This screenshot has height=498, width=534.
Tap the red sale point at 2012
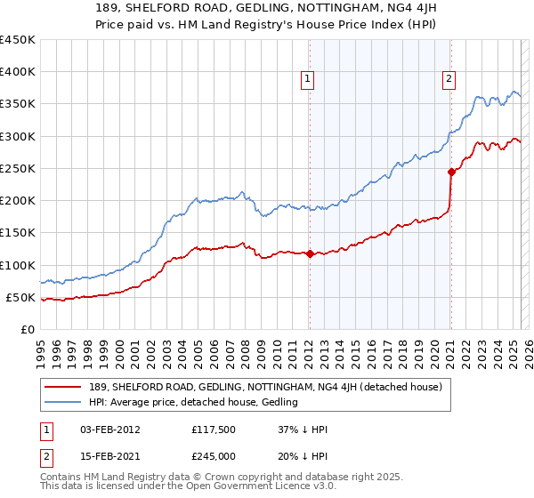point(309,253)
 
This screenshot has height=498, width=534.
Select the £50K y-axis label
point(20,297)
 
